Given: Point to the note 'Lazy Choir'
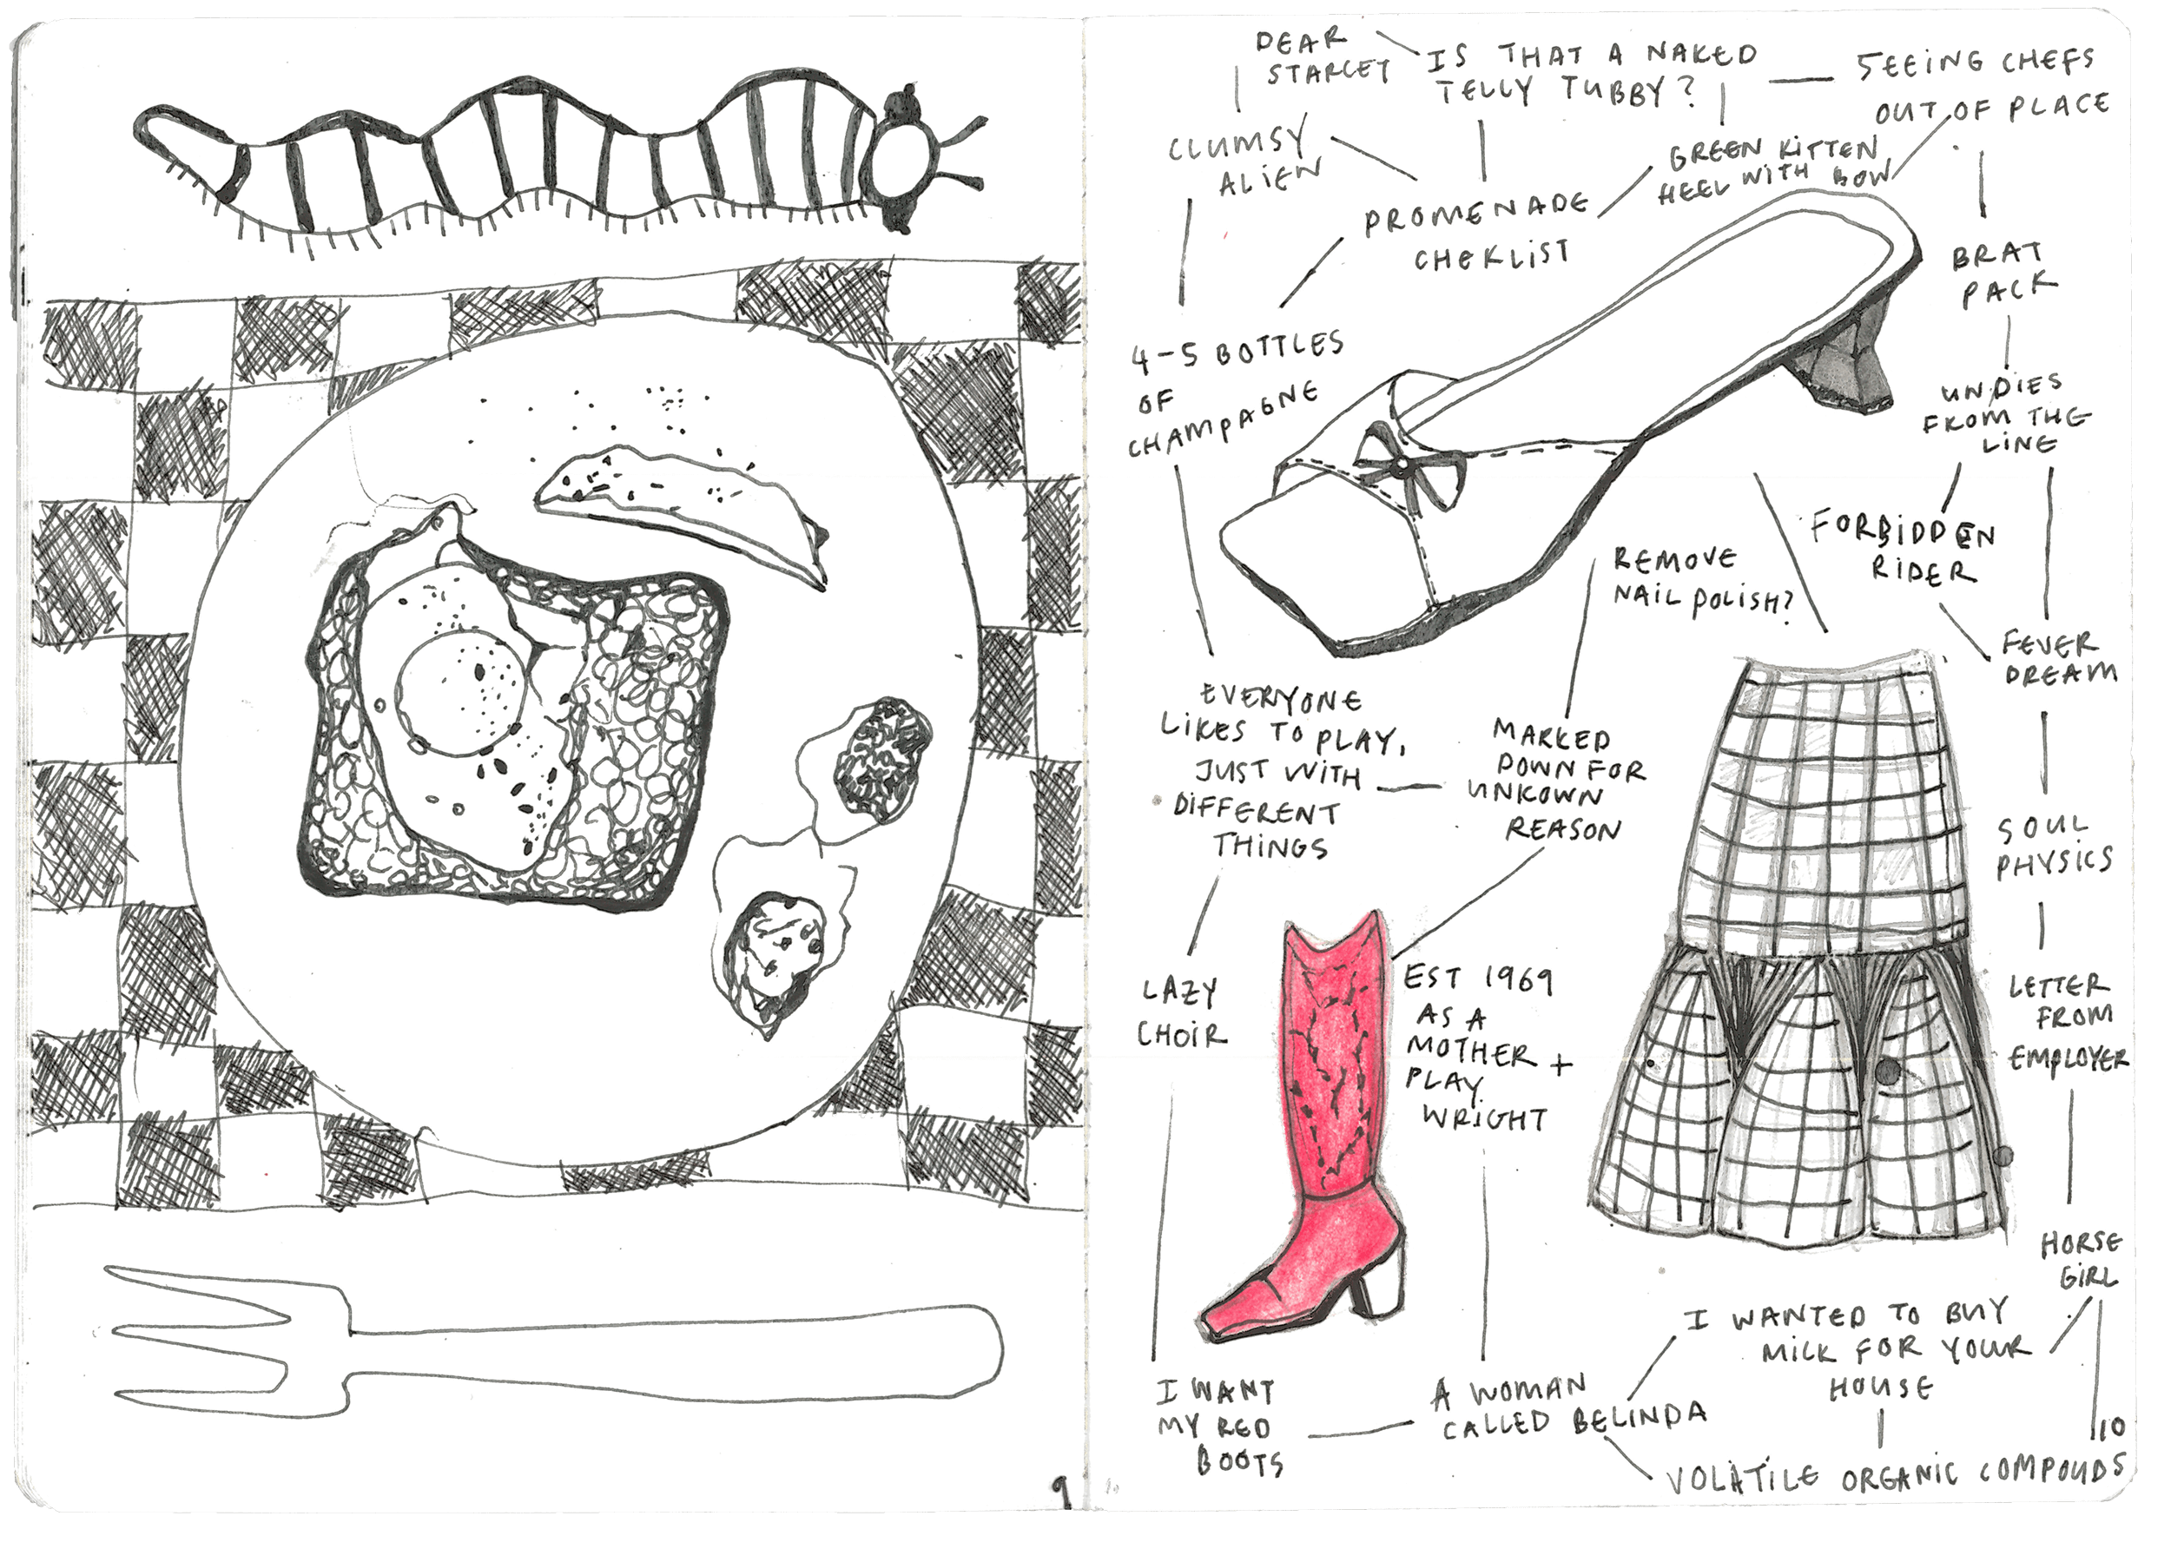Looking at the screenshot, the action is [x=1180, y=1013].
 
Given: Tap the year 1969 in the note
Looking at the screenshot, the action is [x=1518, y=979].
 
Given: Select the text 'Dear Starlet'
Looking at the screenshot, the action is [x=1321, y=57].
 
